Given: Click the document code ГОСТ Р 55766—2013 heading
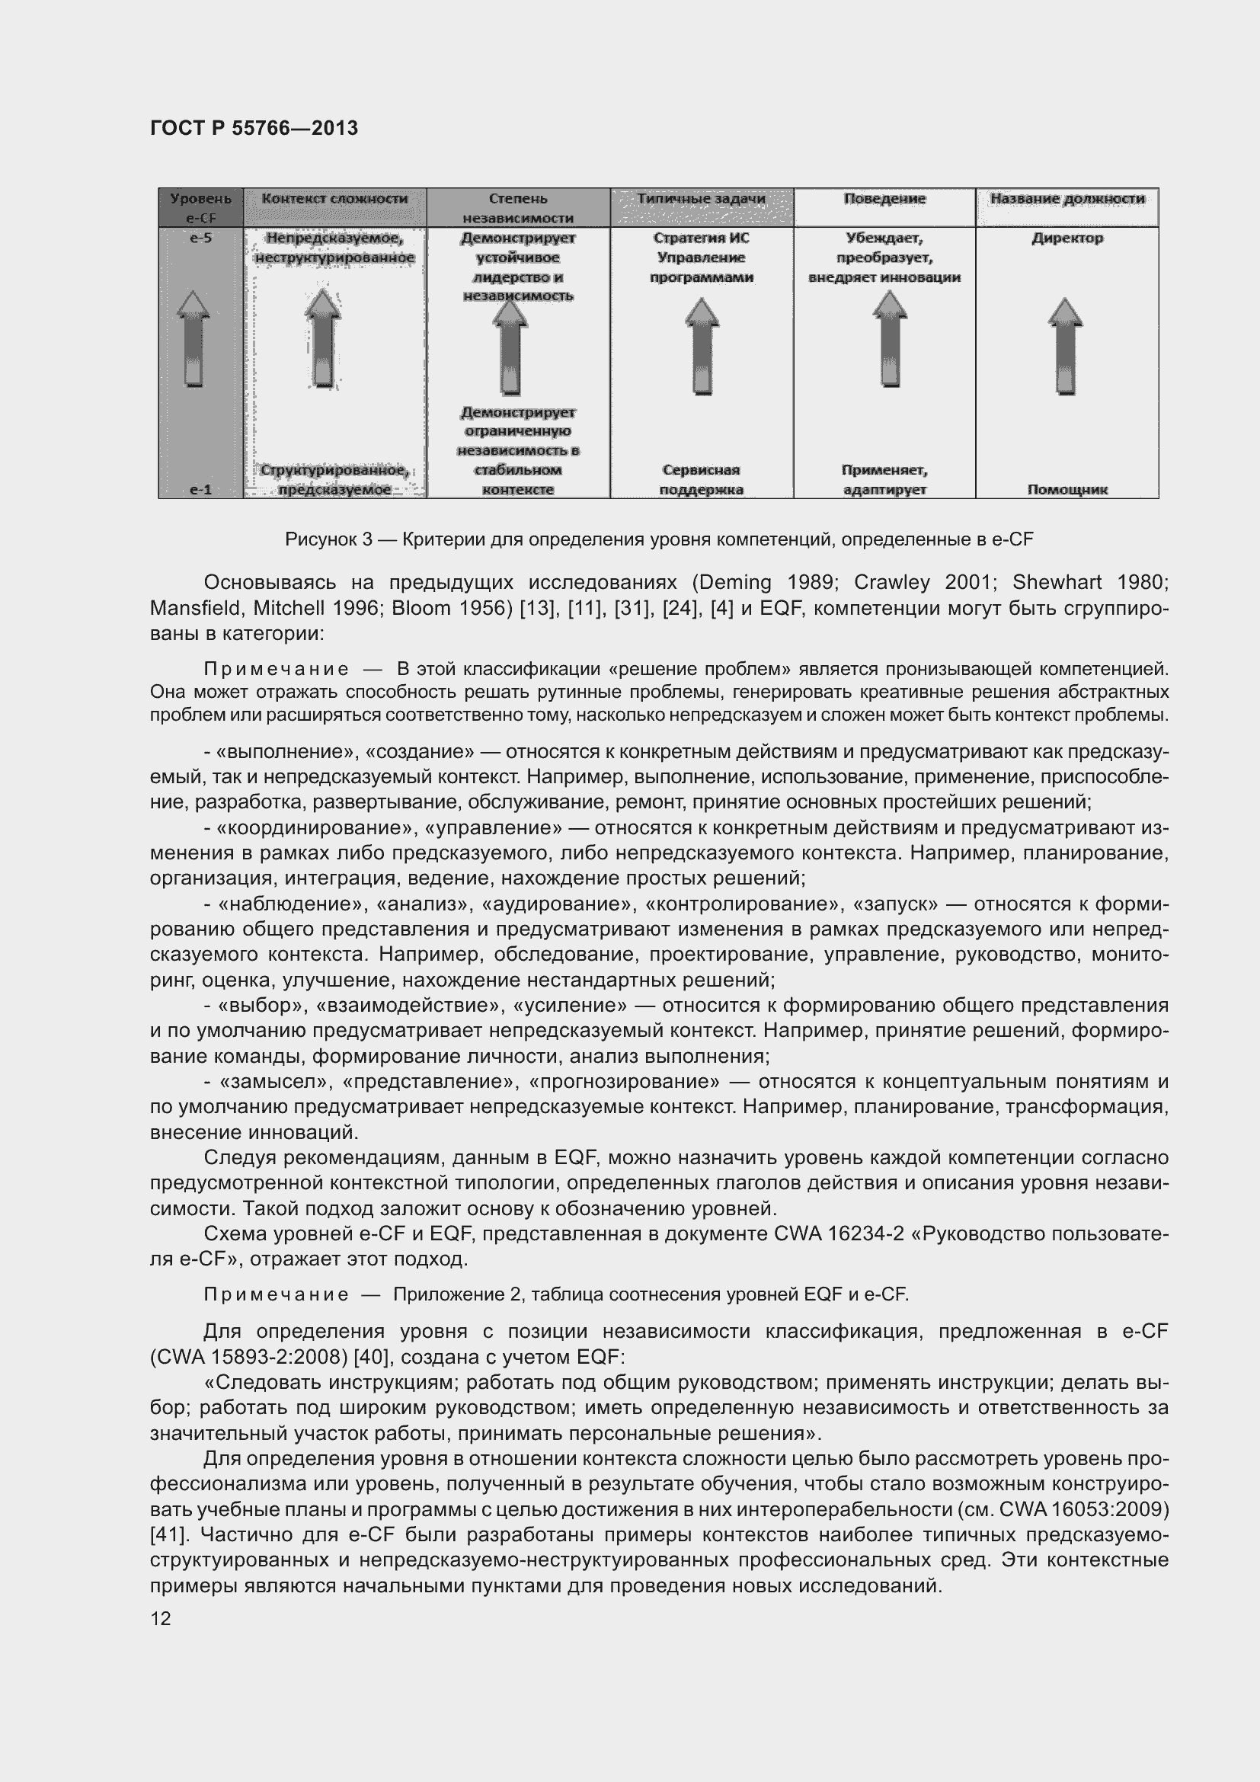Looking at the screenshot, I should pyautogui.click(x=254, y=128).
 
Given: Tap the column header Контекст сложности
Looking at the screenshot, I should pyautogui.click(x=334, y=199).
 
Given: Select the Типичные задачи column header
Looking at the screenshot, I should pyautogui.click(x=701, y=199).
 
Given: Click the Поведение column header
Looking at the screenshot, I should pyautogui.click(x=884, y=199).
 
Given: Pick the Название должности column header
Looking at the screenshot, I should pyautogui.click(x=1067, y=199).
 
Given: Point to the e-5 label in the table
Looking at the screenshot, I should pyautogui.click(x=200, y=238).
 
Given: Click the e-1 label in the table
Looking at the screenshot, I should pyautogui.click(x=200, y=489).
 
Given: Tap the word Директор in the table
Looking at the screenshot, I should pyautogui.click(x=1067, y=238).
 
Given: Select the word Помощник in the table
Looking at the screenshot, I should pyautogui.click(x=1067, y=489).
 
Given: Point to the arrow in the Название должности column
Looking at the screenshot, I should pyautogui.click(x=1065, y=346).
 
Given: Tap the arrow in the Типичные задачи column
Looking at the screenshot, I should pyautogui.click(x=702, y=346).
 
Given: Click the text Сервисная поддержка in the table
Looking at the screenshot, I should pyautogui.click(x=701, y=479).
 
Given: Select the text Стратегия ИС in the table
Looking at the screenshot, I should pyautogui.click(x=701, y=238).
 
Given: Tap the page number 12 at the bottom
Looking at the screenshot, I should pyautogui.click(x=161, y=1617).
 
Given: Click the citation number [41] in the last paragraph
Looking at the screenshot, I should pyautogui.click(x=164, y=1534).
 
